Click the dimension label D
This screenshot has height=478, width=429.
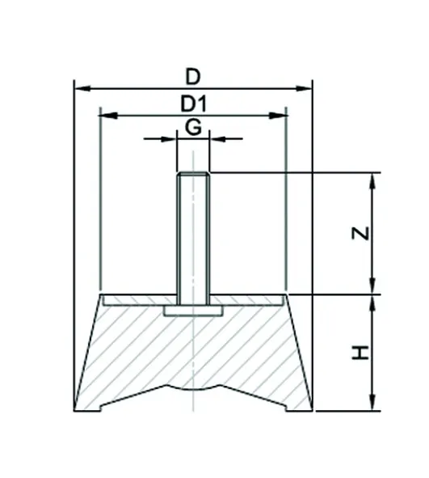point(193,77)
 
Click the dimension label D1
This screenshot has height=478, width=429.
point(194,104)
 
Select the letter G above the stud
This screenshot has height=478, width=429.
point(193,127)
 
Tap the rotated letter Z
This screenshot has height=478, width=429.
point(360,233)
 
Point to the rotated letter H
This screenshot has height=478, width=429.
point(360,353)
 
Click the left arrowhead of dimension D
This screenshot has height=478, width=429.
point(83,89)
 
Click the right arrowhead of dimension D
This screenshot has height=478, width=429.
point(304,89)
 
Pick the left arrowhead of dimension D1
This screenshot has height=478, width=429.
point(109,116)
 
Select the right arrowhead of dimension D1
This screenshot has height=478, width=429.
point(278,116)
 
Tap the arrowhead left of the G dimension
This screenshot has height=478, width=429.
point(168,139)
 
